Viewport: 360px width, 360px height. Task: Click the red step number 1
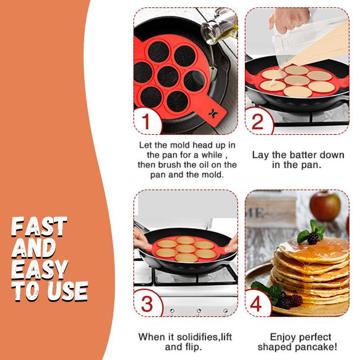point(146,122)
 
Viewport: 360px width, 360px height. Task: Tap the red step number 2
point(257,122)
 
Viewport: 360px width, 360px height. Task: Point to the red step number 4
point(256,304)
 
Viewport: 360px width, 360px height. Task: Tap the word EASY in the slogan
point(40,270)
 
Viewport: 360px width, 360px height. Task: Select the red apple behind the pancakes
point(324,206)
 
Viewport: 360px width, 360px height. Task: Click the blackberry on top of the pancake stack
point(313,238)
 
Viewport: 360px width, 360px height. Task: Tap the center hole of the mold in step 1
point(168,76)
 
